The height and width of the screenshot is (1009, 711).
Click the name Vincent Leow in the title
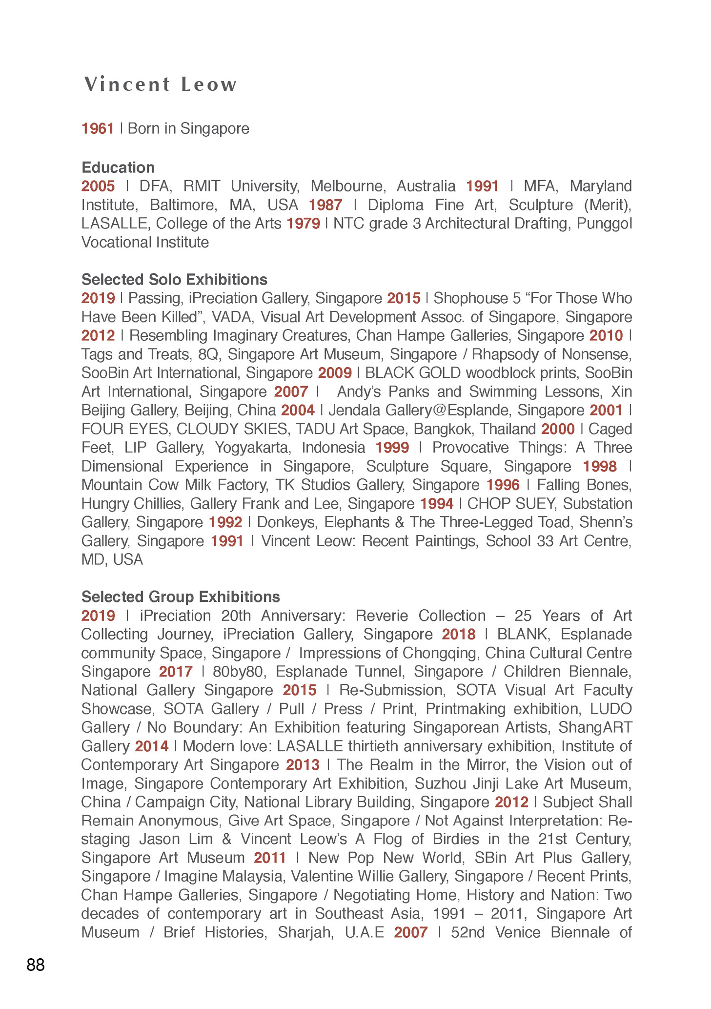click(x=161, y=84)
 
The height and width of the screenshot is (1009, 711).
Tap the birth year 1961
click(x=98, y=128)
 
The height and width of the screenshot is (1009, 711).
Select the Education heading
click(x=118, y=167)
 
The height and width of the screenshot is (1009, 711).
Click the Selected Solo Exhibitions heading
click(x=174, y=279)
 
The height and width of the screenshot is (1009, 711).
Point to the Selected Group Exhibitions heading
click(x=181, y=597)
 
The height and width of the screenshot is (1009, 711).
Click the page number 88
click(x=36, y=965)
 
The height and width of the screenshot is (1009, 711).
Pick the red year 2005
click(x=98, y=186)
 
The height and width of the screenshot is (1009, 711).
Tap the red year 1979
click(x=303, y=224)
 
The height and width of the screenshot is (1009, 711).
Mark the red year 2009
click(x=335, y=373)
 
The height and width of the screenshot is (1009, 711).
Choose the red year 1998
click(x=600, y=467)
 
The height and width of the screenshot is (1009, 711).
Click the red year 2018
click(x=458, y=634)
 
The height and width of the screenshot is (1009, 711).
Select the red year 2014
click(x=152, y=746)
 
